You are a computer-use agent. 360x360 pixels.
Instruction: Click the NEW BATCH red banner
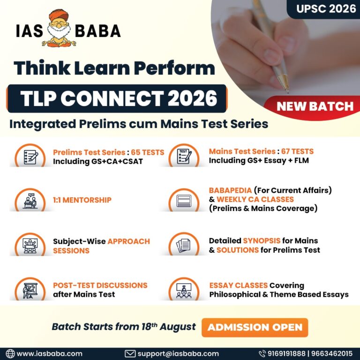pos(315,105)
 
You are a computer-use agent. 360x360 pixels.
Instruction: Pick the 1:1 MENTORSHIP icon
pos(30,200)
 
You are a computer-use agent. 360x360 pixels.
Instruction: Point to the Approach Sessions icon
pos(30,245)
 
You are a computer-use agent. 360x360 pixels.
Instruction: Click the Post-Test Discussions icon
pos(30,289)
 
